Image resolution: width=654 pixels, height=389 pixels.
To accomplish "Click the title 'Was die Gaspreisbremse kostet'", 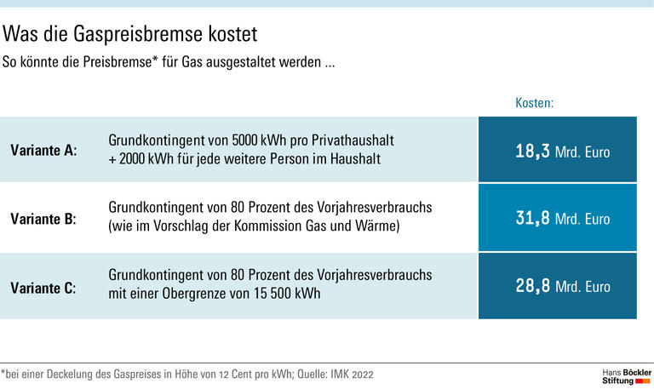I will (130, 35).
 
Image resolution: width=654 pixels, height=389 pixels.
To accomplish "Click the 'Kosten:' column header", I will (534, 103).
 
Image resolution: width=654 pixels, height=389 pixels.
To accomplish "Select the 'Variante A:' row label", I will (43, 150).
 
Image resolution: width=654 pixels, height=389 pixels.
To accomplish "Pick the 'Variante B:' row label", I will (43, 219).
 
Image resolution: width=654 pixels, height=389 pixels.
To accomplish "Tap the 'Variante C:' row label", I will (43, 288).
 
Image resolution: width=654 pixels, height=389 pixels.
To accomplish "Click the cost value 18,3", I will (532, 152).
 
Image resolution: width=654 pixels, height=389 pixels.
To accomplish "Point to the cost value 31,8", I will (532, 219).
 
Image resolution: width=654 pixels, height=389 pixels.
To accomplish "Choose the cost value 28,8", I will (532, 287).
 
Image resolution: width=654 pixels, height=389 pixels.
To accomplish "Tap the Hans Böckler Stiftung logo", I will (625, 375).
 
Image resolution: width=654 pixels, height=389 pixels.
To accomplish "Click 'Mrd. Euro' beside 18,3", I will (582, 152).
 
